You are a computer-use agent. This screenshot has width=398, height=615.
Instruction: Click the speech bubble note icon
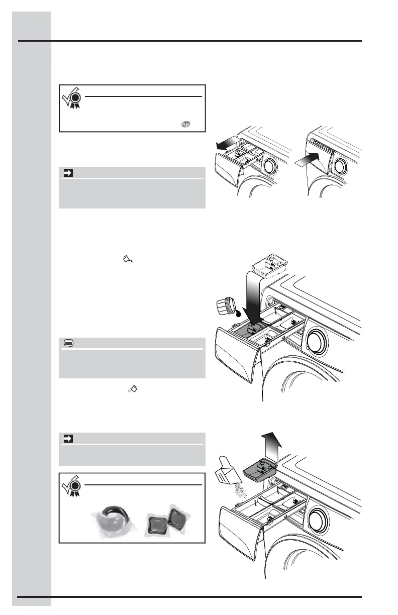click(x=69, y=344)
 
